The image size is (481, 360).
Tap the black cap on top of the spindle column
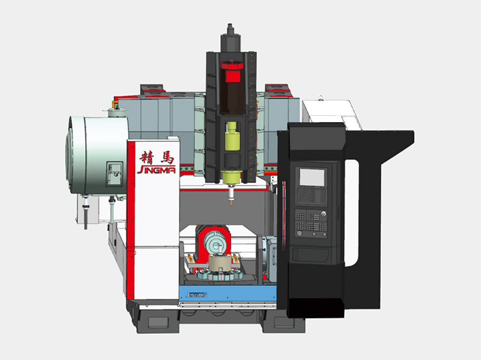coord(231,30)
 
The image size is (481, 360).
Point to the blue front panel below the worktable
coord(226,295)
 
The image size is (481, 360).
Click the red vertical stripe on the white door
coord(128,226)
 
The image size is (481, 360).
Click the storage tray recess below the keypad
coord(312,254)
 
